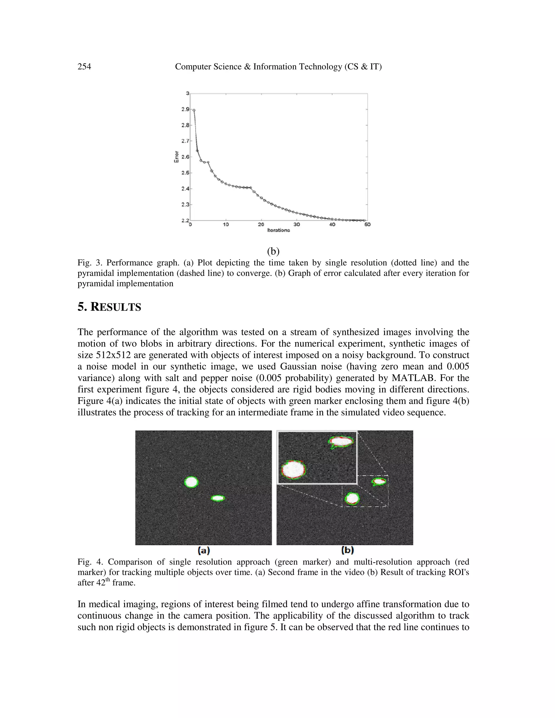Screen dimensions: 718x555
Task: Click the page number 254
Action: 84,67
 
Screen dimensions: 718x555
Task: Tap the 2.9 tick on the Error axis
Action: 185,109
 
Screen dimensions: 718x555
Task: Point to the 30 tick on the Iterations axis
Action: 296,225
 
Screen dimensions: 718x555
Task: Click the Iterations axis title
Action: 279,230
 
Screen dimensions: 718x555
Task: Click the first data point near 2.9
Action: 194,111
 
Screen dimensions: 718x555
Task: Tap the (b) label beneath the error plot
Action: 273,251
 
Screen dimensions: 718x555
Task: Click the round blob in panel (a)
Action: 191,482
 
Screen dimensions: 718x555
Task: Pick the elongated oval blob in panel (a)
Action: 218,498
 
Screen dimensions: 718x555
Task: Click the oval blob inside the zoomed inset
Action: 342,442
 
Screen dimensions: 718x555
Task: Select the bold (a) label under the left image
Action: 204,550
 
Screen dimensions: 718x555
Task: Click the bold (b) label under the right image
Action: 347,550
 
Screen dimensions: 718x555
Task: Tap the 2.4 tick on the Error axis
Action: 185,189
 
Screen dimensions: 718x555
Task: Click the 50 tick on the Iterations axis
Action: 367,225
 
